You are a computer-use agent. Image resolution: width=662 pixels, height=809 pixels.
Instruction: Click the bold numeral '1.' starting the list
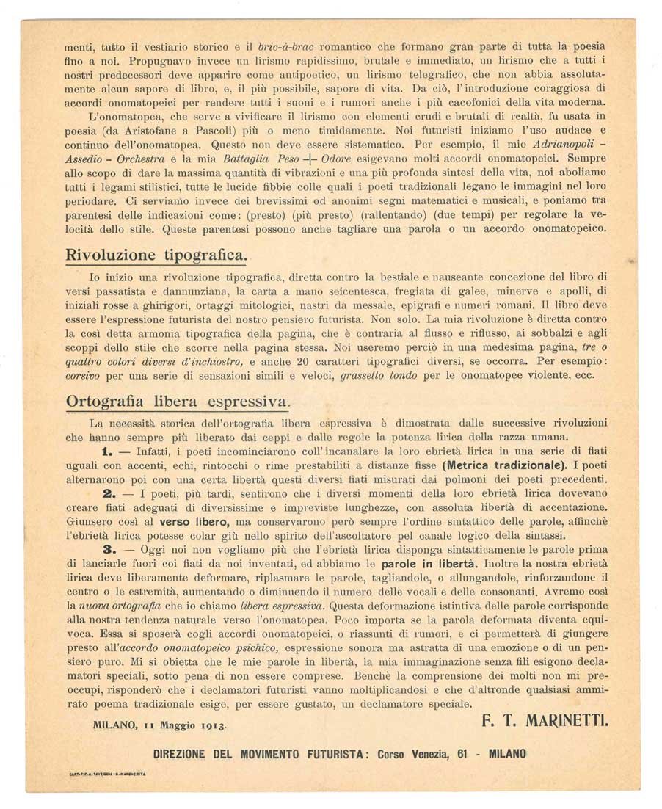[107, 451]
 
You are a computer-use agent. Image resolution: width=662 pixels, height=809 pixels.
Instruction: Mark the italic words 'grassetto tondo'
[381, 376]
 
